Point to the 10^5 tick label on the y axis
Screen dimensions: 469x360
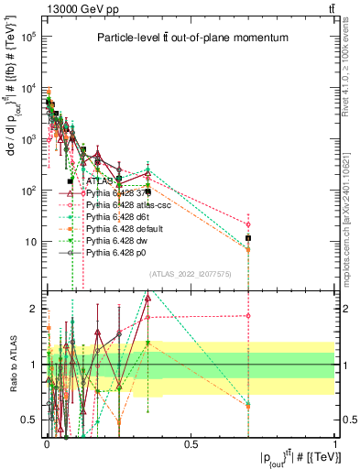coord(27,37)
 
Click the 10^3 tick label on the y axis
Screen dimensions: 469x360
coord(27,139)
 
